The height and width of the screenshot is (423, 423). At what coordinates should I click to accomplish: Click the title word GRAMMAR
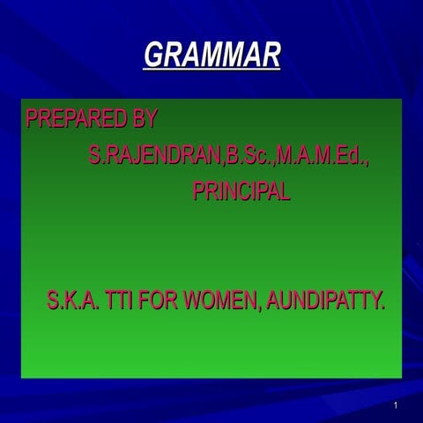[x=211, y=56]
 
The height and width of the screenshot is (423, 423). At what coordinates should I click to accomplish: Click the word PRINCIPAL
[x=241, y=193]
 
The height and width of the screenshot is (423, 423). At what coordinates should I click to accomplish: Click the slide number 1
[x=397, y=405]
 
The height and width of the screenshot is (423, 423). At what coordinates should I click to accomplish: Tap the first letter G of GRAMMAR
[x=153, y=56]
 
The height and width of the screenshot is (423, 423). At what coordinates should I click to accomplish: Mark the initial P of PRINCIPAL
[x=199, y=193]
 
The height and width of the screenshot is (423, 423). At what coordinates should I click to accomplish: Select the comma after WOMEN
[x=260, y=308]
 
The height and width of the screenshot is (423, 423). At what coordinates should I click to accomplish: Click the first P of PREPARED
[x=33, y=118]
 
